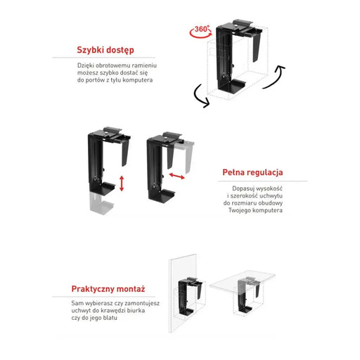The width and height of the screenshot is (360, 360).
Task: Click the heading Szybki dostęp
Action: [x=105, y=51]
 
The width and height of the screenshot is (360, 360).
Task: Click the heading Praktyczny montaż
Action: [x=109, y=288]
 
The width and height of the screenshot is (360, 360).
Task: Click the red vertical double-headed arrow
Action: [x=121, y=184]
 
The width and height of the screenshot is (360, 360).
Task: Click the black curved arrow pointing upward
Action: [x=279, y=74]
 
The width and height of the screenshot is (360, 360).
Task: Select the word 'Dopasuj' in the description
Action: [x=246, y=189]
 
